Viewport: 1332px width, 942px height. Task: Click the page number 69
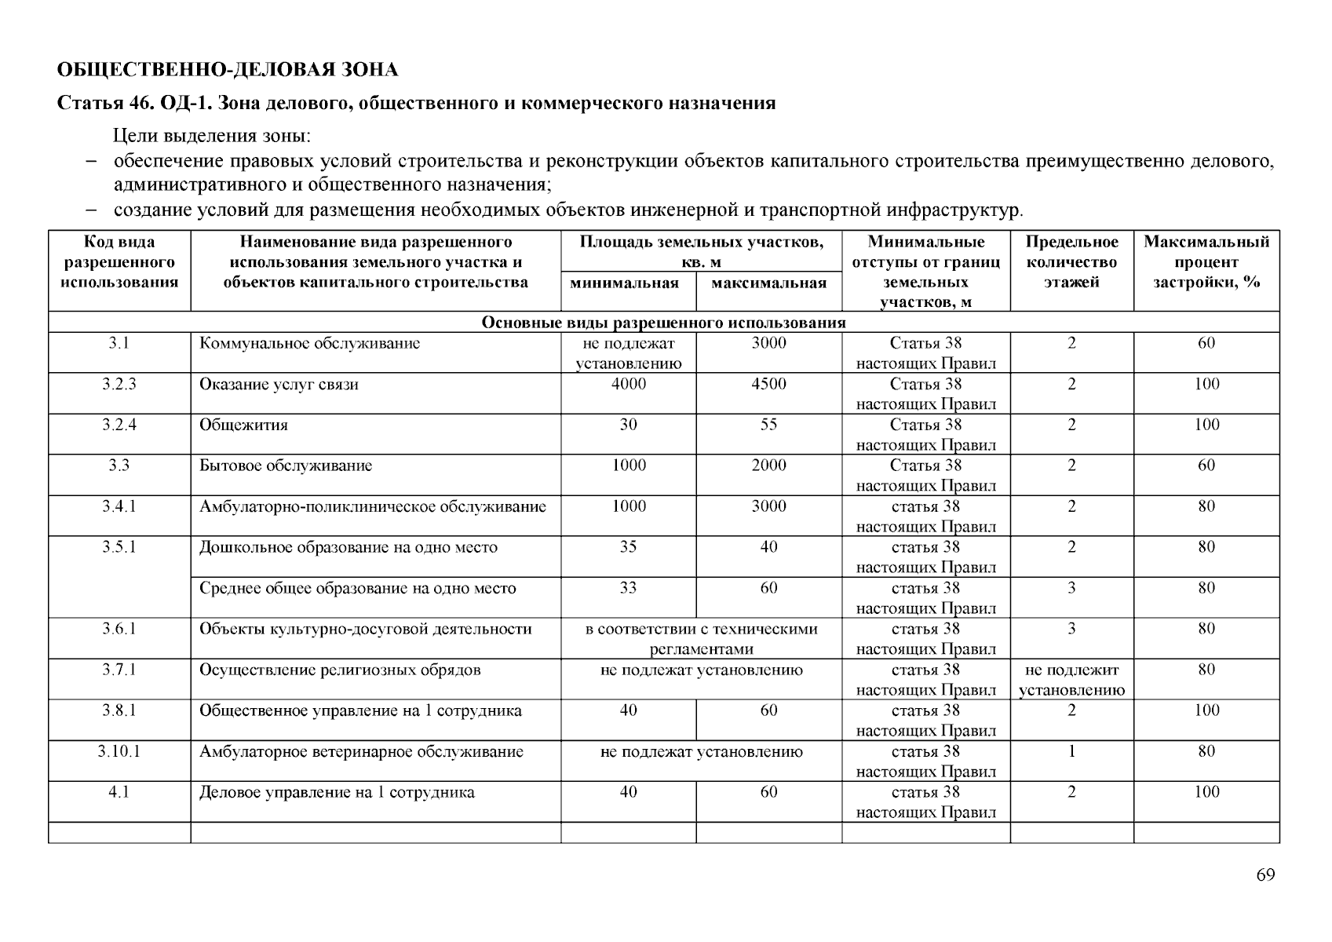[1264, 875]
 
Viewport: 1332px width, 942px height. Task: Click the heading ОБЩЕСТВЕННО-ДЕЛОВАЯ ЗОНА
[228, 70]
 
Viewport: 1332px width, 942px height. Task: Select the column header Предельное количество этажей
[1071, 262]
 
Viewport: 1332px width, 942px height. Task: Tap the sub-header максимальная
[768, 283]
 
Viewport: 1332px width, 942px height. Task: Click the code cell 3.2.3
[119, 384]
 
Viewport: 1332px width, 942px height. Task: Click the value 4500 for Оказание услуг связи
[768, 384]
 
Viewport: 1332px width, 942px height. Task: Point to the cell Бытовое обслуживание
[286, 466]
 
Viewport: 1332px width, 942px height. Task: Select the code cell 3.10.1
[119, 752]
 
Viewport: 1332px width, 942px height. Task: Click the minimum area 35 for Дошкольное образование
[628, 547]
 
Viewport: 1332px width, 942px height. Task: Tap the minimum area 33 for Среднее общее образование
[628, 588]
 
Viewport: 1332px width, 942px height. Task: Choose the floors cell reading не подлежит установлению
[1071, 680]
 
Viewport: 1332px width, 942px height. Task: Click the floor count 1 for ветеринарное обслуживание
[1071, 752]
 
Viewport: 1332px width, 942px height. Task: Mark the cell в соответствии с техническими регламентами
[701, 639]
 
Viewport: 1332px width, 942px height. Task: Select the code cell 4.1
[119, 793]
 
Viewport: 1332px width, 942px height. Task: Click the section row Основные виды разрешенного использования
[663, 323]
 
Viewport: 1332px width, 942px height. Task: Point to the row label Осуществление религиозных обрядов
[340, 670]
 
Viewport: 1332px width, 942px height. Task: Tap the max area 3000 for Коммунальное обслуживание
[768, 343]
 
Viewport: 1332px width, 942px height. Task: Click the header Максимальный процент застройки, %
[1206, 262]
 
